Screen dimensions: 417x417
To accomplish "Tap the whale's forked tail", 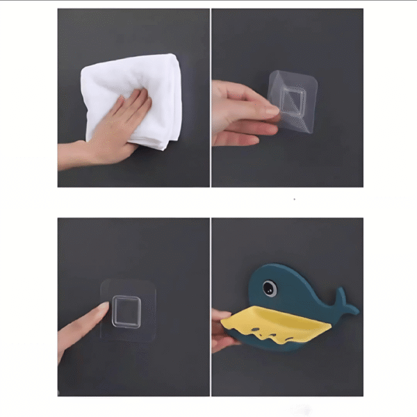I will pos(345,300).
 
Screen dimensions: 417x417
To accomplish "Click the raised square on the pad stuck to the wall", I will pos(126,310).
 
